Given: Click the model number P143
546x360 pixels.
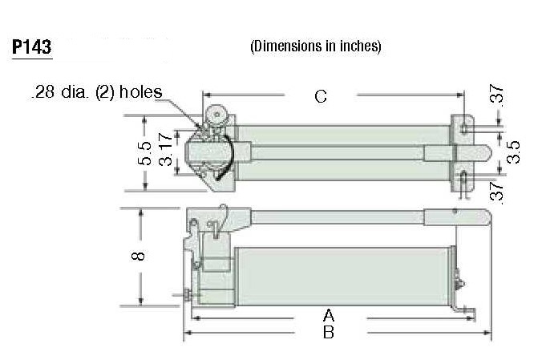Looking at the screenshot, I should click(31, 47).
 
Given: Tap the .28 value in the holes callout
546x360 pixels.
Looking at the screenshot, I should click(42, 92).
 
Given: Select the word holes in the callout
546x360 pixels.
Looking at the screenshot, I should click(140, 92).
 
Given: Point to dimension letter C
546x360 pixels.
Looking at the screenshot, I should click(320, 97).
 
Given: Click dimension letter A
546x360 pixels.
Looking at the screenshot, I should click(327, 313).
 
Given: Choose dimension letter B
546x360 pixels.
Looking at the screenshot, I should click(327, 332).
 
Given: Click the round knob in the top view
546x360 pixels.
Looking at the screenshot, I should click(217, 114).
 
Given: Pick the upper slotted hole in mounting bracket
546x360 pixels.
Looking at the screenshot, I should click(464, 128).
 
